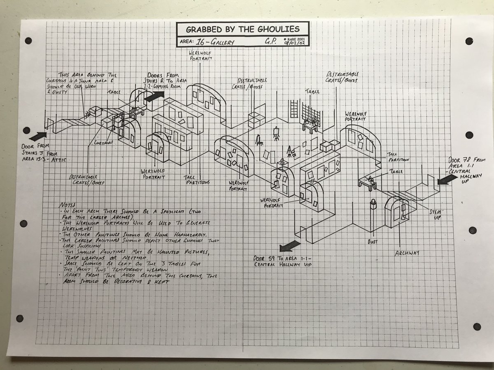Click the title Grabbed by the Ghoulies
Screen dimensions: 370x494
click(243, 30)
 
